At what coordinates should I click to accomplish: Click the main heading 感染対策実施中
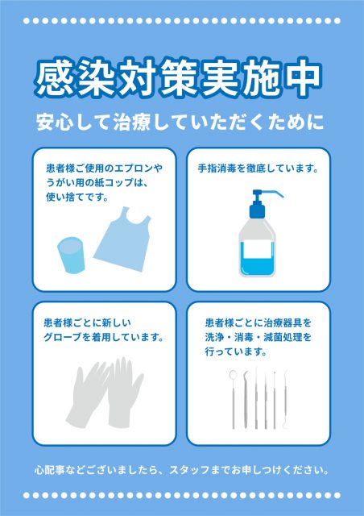pos(178,78)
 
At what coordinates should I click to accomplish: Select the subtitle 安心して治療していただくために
pos(180,122)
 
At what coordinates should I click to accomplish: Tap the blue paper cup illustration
pos(71,255)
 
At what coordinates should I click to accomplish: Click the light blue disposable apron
pos(122,239)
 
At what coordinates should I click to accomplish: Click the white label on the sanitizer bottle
pos(257,249)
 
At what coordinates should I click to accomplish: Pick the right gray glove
pos(124,393)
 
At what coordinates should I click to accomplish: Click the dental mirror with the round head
pos(233,399)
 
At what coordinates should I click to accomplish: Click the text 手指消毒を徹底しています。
pos(259,169)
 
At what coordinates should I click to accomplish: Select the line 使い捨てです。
pos(77,198)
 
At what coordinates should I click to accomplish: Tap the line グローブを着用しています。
pos(104,337)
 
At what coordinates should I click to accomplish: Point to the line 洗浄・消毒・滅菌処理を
pos(258,337)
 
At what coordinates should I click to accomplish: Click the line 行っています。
pos(236,352)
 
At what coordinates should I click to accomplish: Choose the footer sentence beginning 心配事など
pos(182,470)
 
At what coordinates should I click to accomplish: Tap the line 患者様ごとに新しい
pos(88,322)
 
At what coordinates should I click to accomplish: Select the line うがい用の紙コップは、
pos(96,183)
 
